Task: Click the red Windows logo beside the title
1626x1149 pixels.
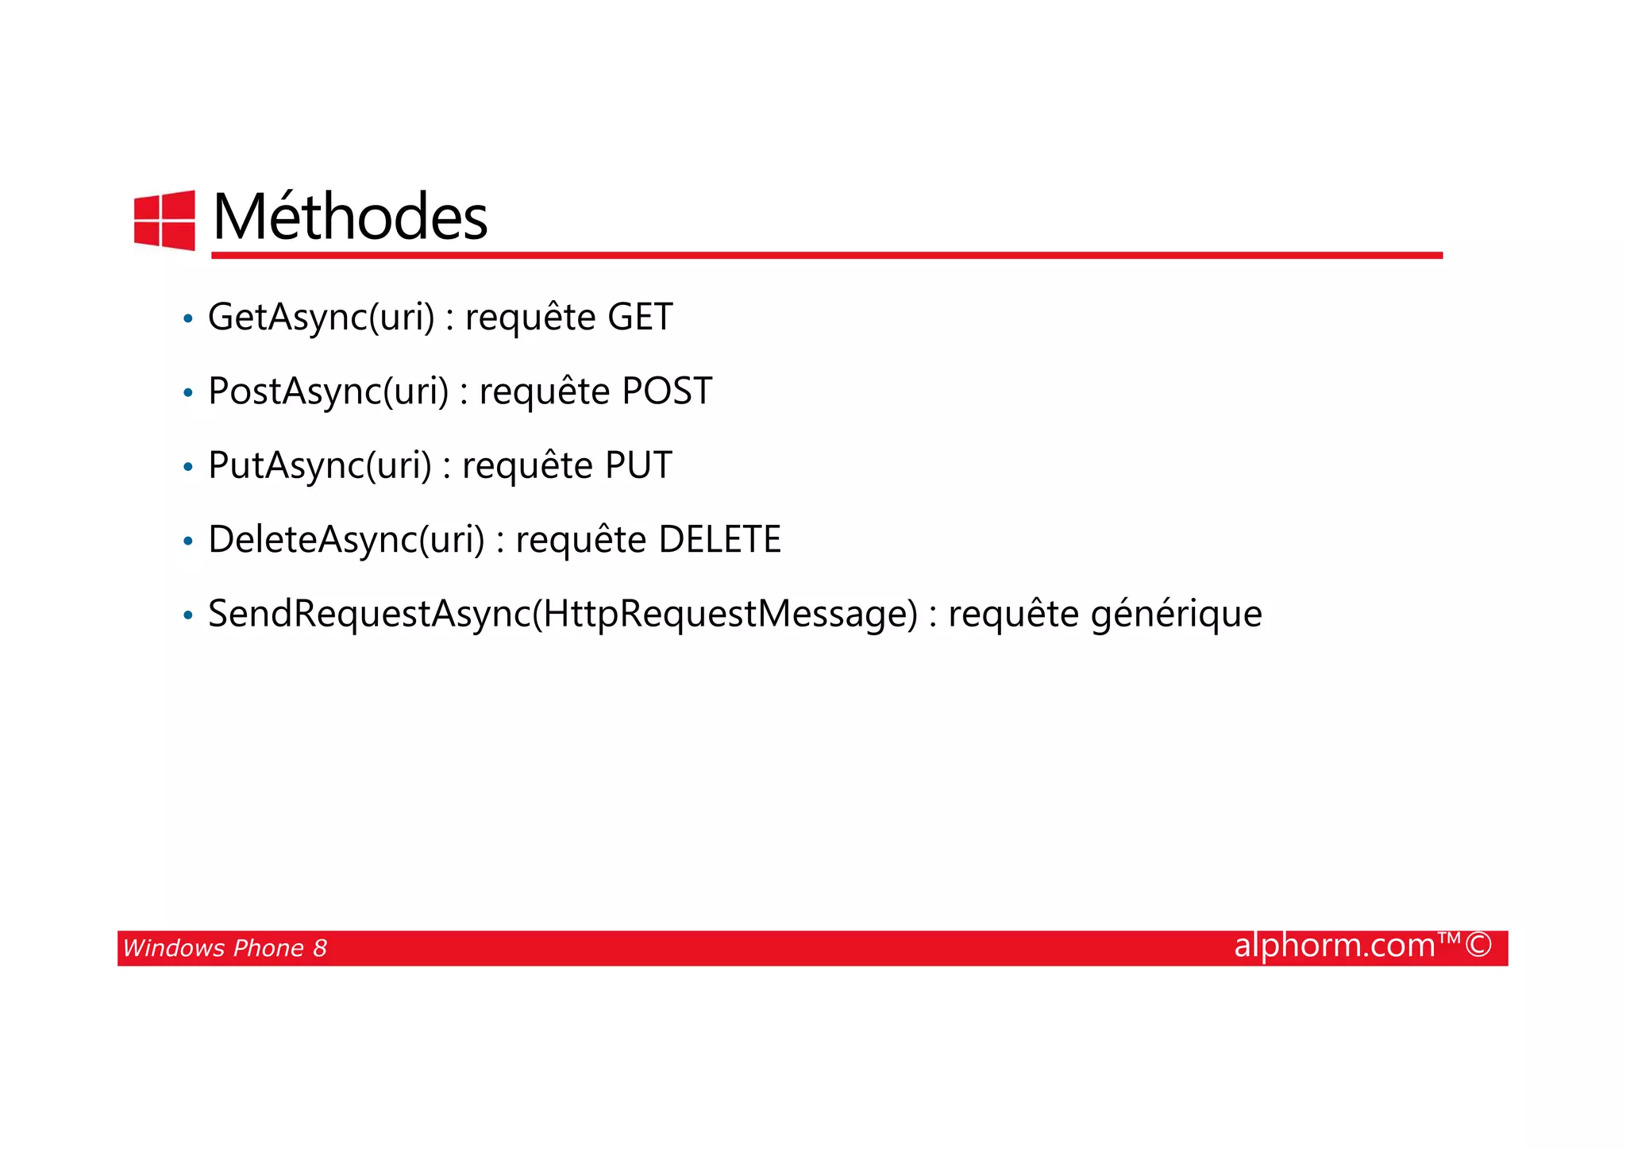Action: pyautogui.click(x=164, y=220)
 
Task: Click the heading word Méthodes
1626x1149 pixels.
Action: pyautogui.click(x=350, y=217)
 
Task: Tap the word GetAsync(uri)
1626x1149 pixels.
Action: pyautogui.click(x=321, y=318)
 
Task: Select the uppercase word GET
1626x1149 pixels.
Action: pyautogui.click(x=640, y=317)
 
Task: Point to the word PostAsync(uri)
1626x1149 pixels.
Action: pyautogui.click(x=328, y=391)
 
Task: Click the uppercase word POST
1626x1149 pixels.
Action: pyautogui.click(x=667, y=391)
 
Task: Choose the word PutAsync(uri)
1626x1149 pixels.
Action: pyautogui.click(x=319, y=465)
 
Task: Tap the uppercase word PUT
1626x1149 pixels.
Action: pyautogui.click(x=638, y=465)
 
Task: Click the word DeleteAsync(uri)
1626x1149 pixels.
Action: pyautogui.click(x=346, y=540)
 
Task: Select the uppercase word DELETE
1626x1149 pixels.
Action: pyautogui.click(x=719, y=540)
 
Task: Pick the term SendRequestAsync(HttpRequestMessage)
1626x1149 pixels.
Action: pyautogui.click(x=562, y=614)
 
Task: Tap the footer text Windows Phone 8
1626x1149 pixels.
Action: pyautogui.click(x=225, y=948)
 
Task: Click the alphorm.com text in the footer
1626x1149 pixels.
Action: pyautogui.click(x=1335, y=946)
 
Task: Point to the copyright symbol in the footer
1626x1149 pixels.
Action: pyautogui.click(x=1478, y=946)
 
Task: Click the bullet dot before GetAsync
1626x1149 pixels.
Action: pyautogui.click(x=188, y=319)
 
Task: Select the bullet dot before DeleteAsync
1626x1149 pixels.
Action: pyautogui.click(x=188, y=542)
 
